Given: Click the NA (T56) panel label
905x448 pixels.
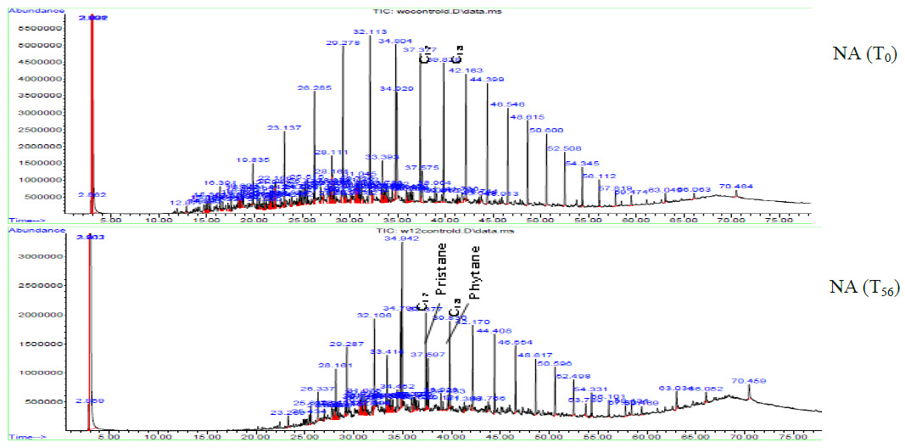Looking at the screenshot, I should pyautogui.click(x=863, y=288).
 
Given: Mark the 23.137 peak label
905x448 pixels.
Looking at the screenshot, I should pyautogui.click(x=284, y=128).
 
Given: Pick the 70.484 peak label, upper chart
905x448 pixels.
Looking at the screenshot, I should pyautogui.click(x=735, y=186).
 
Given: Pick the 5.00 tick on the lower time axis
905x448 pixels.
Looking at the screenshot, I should pyautogui.click(x=108, y=438).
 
